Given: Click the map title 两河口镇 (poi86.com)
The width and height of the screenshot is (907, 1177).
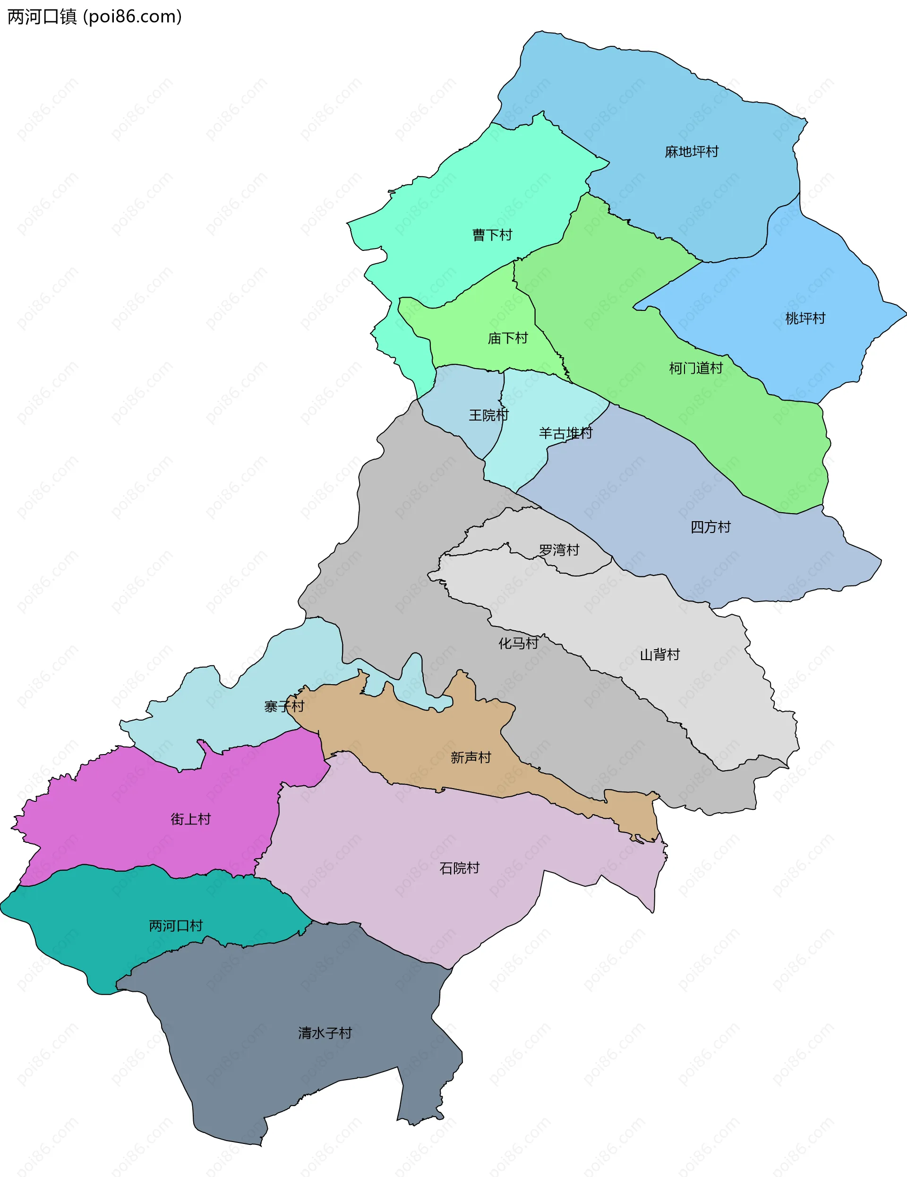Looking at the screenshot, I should pos(94,17).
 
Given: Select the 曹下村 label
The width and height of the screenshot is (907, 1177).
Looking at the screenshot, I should pos(492,235).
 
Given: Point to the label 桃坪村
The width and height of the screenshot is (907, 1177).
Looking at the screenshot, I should pos(805,318).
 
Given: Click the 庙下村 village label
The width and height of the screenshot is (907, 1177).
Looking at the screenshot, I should pos(508,338).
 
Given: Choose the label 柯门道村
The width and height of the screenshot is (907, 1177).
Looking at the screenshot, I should pos(696,369).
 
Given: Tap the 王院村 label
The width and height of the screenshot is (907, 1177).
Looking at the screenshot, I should pos(488,415).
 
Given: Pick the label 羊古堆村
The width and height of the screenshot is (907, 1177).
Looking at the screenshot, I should pos(565,433).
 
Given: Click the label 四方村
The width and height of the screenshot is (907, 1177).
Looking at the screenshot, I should pos(710,527).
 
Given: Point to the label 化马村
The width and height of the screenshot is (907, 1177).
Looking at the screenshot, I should pos(518,644).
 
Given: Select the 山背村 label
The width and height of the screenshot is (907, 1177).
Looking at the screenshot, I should pos(659,655).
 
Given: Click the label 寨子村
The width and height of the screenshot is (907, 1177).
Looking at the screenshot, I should pos(284,706).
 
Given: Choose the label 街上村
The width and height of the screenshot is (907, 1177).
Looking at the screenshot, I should pos(190,819).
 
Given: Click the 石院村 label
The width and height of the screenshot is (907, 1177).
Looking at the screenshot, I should pos(459,868).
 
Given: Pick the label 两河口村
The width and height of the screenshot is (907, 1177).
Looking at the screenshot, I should pos(176,926).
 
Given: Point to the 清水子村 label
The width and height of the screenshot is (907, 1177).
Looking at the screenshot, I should pos(325,1033).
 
